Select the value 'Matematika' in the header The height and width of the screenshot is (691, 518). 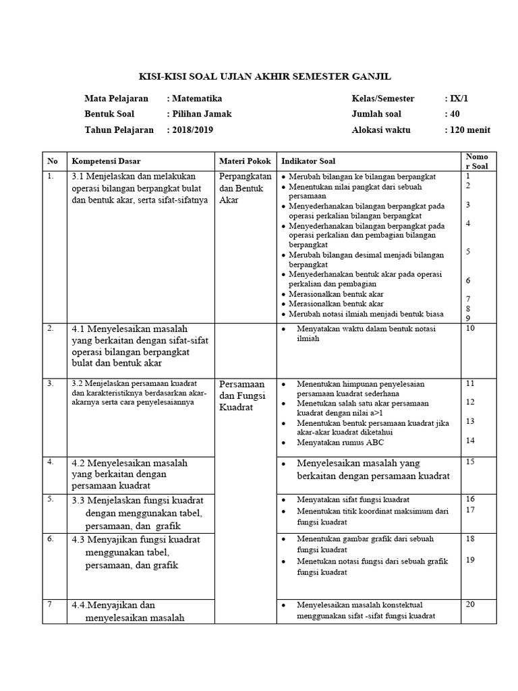(198, 98)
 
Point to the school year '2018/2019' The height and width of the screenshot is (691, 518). (192, 130)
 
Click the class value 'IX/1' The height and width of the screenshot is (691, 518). (459, 98)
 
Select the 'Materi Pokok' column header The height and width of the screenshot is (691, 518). (245, 161)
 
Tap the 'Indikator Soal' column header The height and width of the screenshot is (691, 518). (308, 161)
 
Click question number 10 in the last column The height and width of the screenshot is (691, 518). (470, 328)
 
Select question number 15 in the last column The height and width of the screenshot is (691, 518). (470, 462)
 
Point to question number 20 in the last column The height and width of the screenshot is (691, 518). (470, 604)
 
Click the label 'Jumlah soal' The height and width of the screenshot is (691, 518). (376, 114)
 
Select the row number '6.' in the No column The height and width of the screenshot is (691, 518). (51, 538)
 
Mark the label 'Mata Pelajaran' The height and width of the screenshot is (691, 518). (116, 98)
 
